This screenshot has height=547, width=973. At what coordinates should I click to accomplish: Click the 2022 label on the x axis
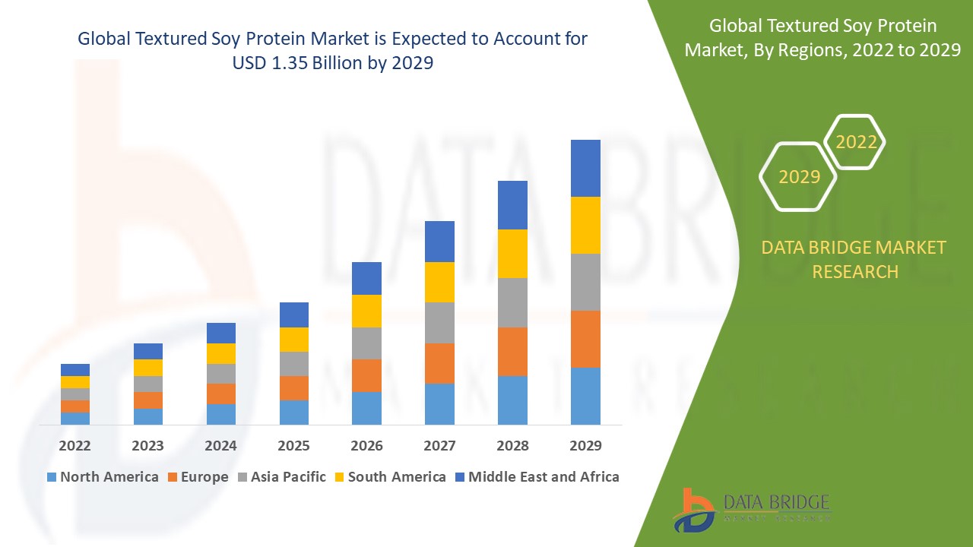pyautogui.click(x=74, y=445)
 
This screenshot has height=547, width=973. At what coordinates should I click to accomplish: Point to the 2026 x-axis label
pyautogui.click(x=366, y=445)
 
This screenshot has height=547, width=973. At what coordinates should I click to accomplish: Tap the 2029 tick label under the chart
pyautogui.click(x=585, y=445)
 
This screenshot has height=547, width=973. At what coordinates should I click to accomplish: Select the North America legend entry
pyautogui.click(x=103, y=477)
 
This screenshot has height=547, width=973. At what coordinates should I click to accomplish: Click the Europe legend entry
pyautogui.click(x=197, y=477)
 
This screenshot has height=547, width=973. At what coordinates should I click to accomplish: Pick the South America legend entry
pyautogui.click(x=389, y=477)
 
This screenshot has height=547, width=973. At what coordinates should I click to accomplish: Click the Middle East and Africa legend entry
pyautogui.click(x=537, y=477)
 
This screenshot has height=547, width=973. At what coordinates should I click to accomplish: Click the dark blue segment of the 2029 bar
pyautogui.click(x=585, y=168)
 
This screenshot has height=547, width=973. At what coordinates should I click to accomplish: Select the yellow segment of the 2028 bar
pyautogui.click(x=512, y=253)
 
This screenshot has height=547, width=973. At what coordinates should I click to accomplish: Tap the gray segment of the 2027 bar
pyautogui.click(x=439, y=323)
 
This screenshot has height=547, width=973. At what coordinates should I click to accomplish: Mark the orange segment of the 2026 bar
pyautogui.click(x=366, y=375)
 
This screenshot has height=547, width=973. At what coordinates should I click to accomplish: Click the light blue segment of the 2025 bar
pyautogui.click(x=293, y=412)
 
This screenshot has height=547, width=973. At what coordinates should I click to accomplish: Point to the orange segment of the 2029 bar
pyautogui.click(x=585, y=339)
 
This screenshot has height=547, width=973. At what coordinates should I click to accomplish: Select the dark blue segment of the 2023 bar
pyautogui.click(x=147, y=351)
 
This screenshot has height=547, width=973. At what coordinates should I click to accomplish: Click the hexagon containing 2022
pyautogui.click(x=856, y=142)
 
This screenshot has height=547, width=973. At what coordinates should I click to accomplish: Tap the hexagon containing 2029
pyautogui.click(x=799, y=177)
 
